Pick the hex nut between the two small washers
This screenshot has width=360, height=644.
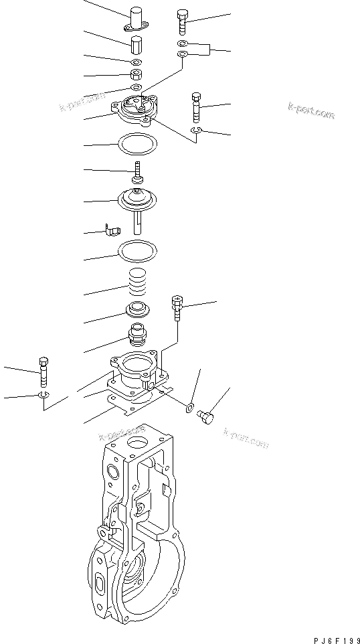(x=135, y=74)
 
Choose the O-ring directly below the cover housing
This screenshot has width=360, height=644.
(x=137, y=143)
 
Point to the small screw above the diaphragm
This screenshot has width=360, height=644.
(x=138, y=171)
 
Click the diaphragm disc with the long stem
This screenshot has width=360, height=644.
(x=137, y=200)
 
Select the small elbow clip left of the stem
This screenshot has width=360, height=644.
(x=111, y=231)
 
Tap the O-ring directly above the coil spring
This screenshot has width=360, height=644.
(x=137, y=252)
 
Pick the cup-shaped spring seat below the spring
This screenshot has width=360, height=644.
(x=137, y=311)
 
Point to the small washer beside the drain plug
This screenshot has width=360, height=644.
(x=191, y=406)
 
